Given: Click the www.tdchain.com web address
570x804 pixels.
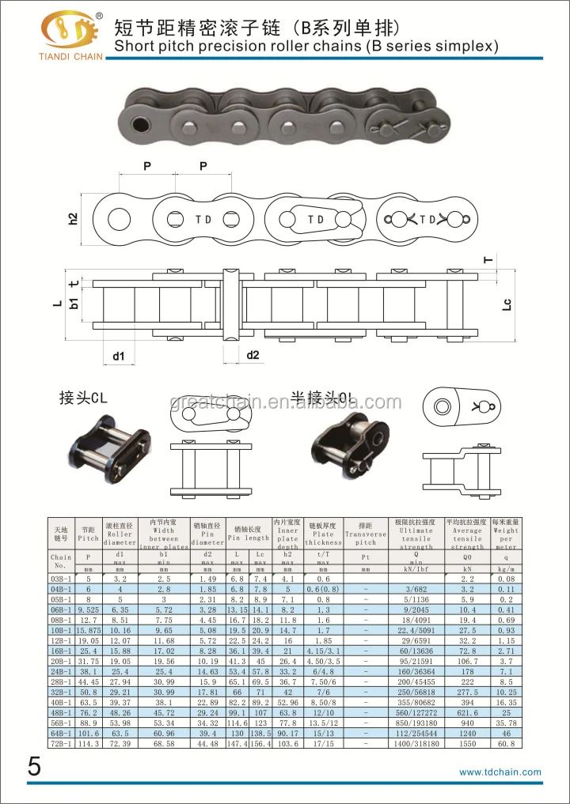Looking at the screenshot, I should (500, 772).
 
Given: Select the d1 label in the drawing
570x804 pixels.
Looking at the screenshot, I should (118, 356).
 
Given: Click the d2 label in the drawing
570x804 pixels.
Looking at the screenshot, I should (253, 355).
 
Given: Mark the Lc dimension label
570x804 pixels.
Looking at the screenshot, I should (507, 304).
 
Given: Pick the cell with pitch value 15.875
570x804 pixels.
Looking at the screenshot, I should (89, 632).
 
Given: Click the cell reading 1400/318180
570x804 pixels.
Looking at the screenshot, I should (416, 743).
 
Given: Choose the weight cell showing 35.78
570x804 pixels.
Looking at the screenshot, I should (506, 723).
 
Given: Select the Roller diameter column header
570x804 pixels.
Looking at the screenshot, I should (120, 534).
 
